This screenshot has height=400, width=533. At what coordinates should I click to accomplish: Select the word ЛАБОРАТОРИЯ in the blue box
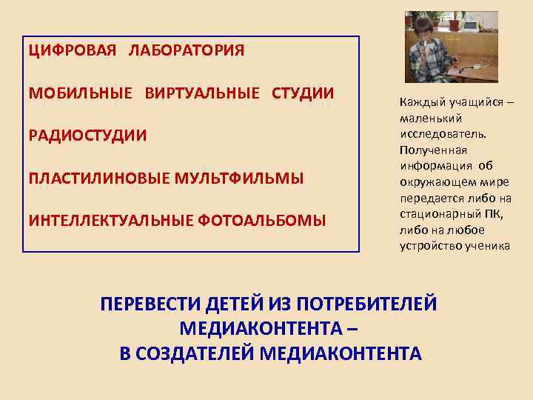pos(186,51)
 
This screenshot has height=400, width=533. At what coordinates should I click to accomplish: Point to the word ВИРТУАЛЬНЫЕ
pos(202,93)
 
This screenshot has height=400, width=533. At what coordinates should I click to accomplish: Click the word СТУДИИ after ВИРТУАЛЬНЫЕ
pos(303,93)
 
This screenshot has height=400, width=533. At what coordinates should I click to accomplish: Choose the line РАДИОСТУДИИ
pos(87,136)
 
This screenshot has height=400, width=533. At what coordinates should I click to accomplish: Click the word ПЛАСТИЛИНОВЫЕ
pos(99,178)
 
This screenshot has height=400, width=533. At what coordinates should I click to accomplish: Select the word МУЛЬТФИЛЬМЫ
pos(239,178)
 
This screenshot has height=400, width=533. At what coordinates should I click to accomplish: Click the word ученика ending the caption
pos(486,245)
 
